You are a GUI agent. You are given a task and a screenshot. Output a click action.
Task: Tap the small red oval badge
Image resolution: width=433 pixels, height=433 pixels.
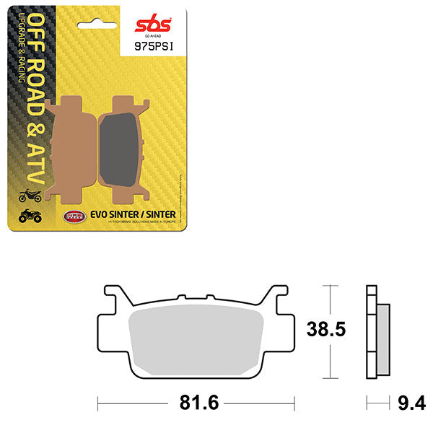tap(73, 214)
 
